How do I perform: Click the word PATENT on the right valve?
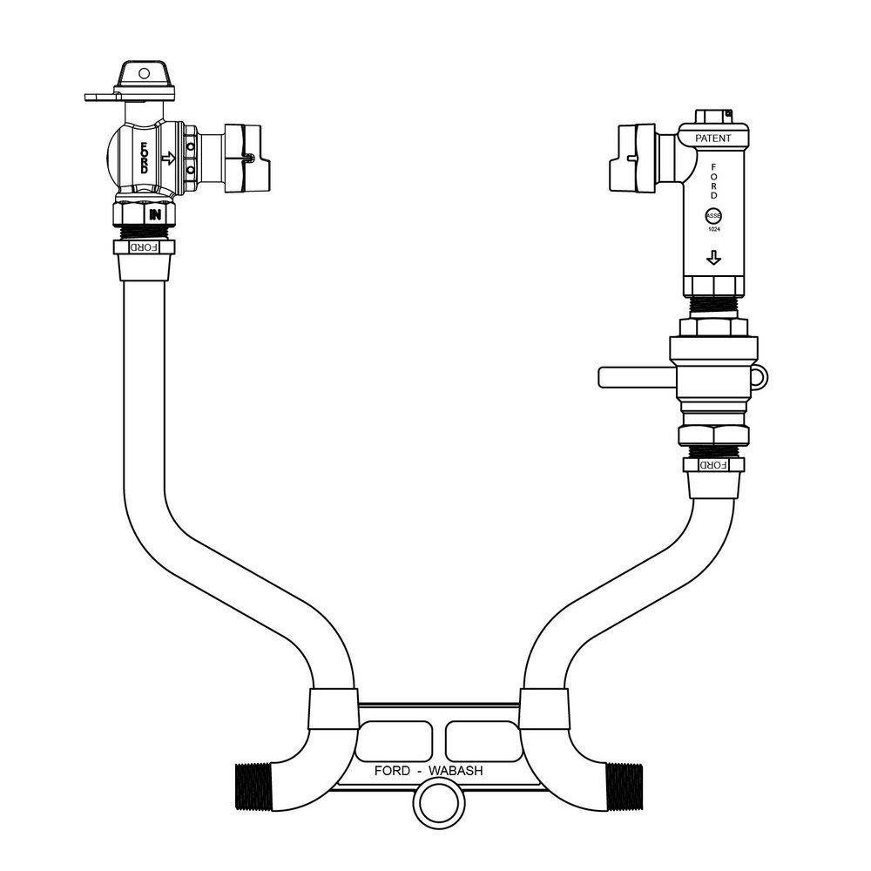(712, 138)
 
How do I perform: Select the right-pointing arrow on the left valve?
(169, 159)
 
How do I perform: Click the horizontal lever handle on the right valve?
(632, 376)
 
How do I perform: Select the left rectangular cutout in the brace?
(395, 739)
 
